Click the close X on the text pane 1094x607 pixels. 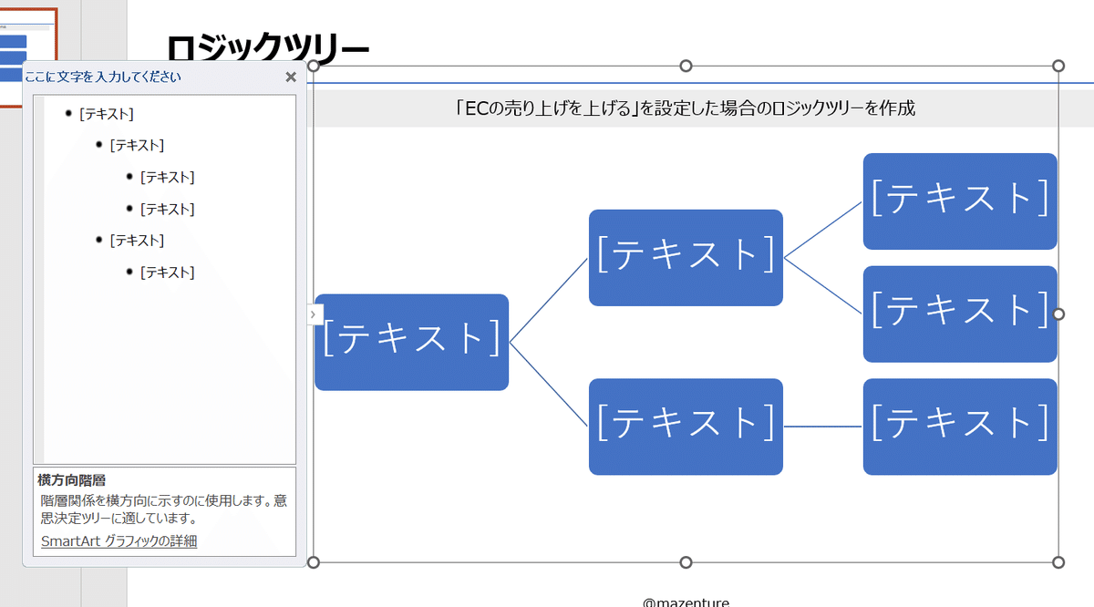pos(291,77)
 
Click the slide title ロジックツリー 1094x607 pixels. pos(268,47)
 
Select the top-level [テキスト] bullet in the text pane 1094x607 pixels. pos(107,114)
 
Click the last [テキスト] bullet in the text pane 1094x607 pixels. pos(167,272)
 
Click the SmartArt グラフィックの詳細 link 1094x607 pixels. pos(119,541)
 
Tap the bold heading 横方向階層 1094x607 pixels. pos(71,480)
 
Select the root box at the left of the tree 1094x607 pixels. pos(412,342)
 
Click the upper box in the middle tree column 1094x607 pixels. pos(686,258)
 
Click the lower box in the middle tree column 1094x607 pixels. pos(686,427)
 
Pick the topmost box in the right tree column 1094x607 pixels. pos(960,201)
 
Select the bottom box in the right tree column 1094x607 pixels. pos(960,427)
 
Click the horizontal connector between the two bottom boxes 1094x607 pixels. pos(823,427)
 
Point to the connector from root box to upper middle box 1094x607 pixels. pos(549,301)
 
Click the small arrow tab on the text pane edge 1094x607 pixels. pos(314,314)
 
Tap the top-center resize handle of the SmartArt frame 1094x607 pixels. pos(686,66)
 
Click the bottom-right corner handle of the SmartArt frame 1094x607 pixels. pos(1058,562)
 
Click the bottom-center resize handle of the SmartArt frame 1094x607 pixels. pos(686,562)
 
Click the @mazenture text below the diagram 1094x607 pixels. pos(686,602)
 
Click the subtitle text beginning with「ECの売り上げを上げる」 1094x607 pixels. pos(685,108)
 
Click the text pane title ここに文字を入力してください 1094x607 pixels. pos(103,77)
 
